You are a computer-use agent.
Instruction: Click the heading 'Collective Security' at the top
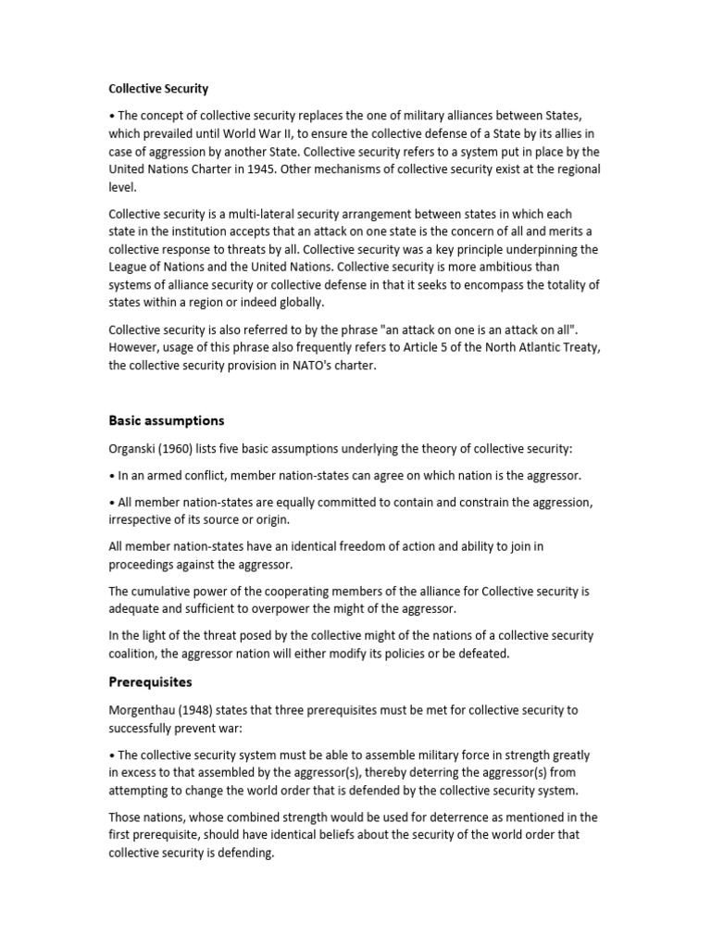(x=158, y=89)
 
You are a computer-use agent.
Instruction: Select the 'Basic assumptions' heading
(x=167, y=420)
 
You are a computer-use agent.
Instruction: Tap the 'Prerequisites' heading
(x=150, y=681)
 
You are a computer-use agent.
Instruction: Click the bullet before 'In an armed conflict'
(x=112, y=476)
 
